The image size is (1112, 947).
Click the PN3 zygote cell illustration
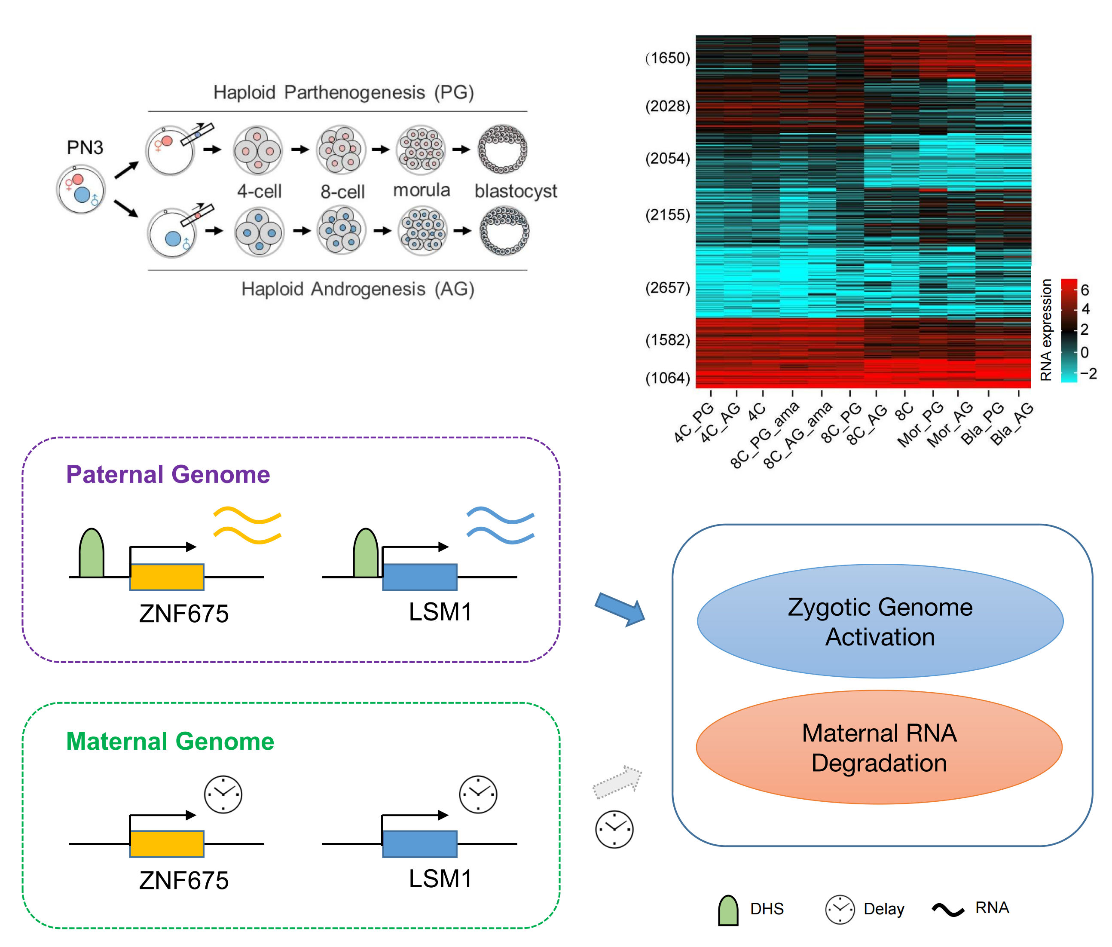coord(81,189)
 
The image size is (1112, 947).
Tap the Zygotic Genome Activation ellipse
coord(880,621)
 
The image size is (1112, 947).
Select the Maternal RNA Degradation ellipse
coord(879,747)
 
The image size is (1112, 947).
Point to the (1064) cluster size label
coord(667,378)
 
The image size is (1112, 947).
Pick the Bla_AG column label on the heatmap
coord(1011,424)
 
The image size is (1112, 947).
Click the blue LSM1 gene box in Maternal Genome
coord(420,844)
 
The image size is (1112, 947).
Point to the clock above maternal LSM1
coord(478,794)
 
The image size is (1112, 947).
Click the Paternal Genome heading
coord(168,474)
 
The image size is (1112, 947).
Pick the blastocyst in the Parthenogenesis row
coord(502,149)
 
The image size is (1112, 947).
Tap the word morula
coord(421,190)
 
